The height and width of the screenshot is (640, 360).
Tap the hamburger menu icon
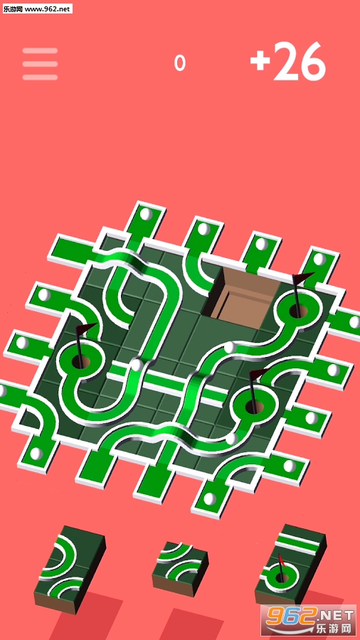40,64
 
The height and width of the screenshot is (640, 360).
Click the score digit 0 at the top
179,63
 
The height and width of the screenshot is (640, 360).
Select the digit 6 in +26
314,61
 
